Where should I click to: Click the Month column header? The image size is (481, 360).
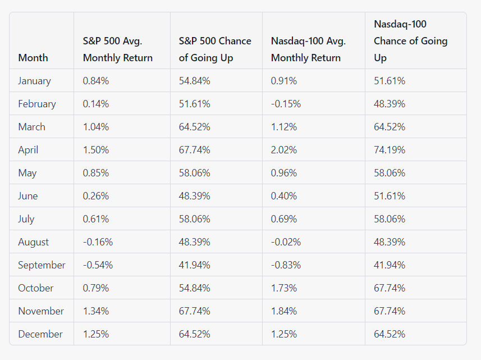click(x=33, y=58)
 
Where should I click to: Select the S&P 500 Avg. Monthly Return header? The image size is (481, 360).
click(x=118, y=49)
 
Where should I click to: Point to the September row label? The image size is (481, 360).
click(x=42, y=265)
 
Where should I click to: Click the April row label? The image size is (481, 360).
click(x=28, y=150)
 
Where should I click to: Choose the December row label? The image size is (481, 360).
click(x=40, y=334)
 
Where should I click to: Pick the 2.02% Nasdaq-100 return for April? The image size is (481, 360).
click(x=284, y=150)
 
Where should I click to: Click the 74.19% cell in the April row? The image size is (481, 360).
click(x=390, y=150)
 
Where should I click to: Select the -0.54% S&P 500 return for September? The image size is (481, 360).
click(x=98, y=265)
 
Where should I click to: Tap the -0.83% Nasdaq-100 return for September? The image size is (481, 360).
click(x=286, y=265)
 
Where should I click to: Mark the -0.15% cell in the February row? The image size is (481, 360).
click(x=286, y=104)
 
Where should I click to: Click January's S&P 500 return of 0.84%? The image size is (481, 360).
click(x=96, y=81)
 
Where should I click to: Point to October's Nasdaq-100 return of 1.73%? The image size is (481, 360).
click(x=284, y=288)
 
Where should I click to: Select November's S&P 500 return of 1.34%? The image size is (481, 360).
click(x=96, y=311)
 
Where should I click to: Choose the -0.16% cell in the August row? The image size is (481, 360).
click(x=98, y=242)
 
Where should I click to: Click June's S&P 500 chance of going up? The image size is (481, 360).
click(x=195, y=196)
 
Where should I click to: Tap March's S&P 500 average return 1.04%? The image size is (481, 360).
click(x=96, y=127)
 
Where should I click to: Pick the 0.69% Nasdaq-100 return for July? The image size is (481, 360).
click(x=284, y=219)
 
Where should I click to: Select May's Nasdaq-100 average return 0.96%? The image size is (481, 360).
click(x=284, y=173)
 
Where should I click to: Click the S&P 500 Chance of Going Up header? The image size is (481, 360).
click(x=215, y=49)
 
